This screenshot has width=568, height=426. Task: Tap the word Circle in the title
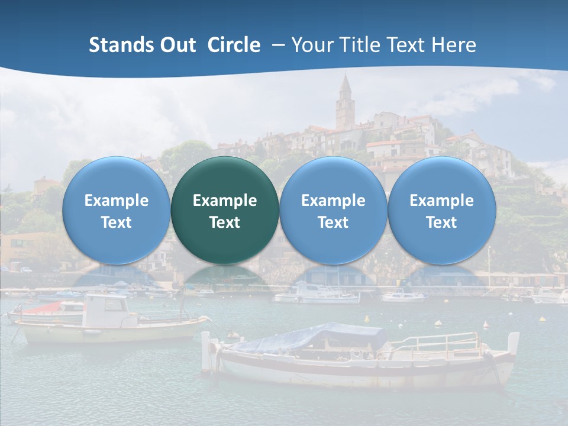click(234, 45)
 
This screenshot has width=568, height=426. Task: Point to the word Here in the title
click(454, 45)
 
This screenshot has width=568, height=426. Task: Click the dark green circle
click(225, 210)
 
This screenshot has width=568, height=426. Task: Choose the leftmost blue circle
click(117, 210)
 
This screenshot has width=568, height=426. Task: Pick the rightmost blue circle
click(441, 210)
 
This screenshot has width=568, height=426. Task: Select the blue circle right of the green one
click(333, 210)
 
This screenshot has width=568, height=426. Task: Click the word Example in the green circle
click(225, 201)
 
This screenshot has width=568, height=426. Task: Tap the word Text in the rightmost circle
click(441, 222)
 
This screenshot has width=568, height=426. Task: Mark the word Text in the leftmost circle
click(117, 222)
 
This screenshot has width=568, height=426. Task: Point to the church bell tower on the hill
click(345, 104)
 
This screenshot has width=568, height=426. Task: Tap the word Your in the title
click(311, 45)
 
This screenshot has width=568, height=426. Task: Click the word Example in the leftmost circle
click(117, 201)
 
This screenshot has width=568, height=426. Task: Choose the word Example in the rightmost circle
click(441, 201)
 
